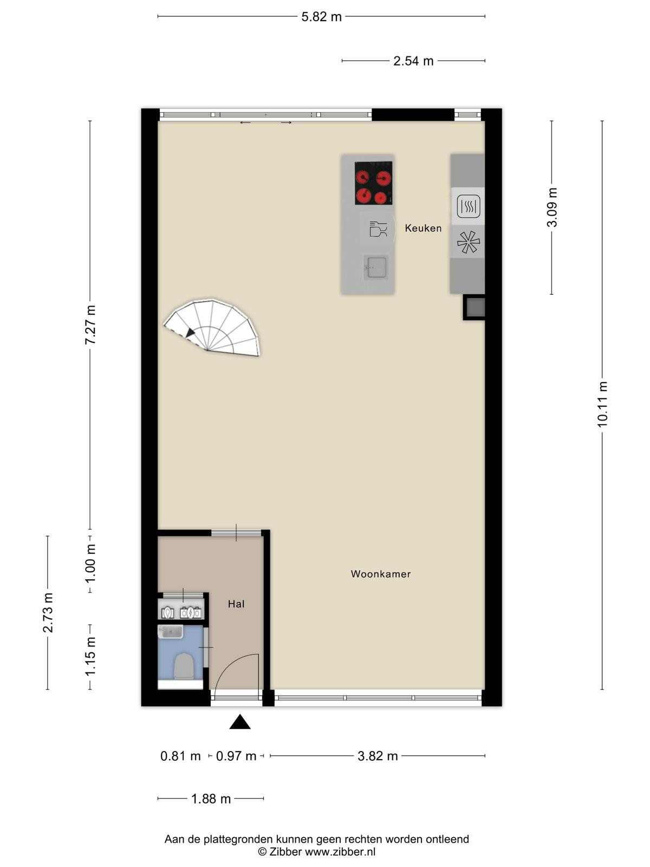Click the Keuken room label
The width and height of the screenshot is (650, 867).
[422, 228]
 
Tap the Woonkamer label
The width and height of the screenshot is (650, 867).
[380, 574]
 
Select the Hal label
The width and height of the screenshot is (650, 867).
[236, 604]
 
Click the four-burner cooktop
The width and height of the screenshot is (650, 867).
[373, 183]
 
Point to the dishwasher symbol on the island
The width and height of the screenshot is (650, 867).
[378, 229]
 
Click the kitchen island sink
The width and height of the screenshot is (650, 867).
[375, 267]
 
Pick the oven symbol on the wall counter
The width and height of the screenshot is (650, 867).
[468, 206]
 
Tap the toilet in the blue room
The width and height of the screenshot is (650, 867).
[184, 666]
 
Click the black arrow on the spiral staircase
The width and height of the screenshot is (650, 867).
[190, 333]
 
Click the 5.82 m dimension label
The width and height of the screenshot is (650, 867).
[321, 17]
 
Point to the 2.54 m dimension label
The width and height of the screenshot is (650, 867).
[413, 61]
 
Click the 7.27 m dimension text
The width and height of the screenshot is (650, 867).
[90, 325]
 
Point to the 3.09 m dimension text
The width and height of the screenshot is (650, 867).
[552, 208]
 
